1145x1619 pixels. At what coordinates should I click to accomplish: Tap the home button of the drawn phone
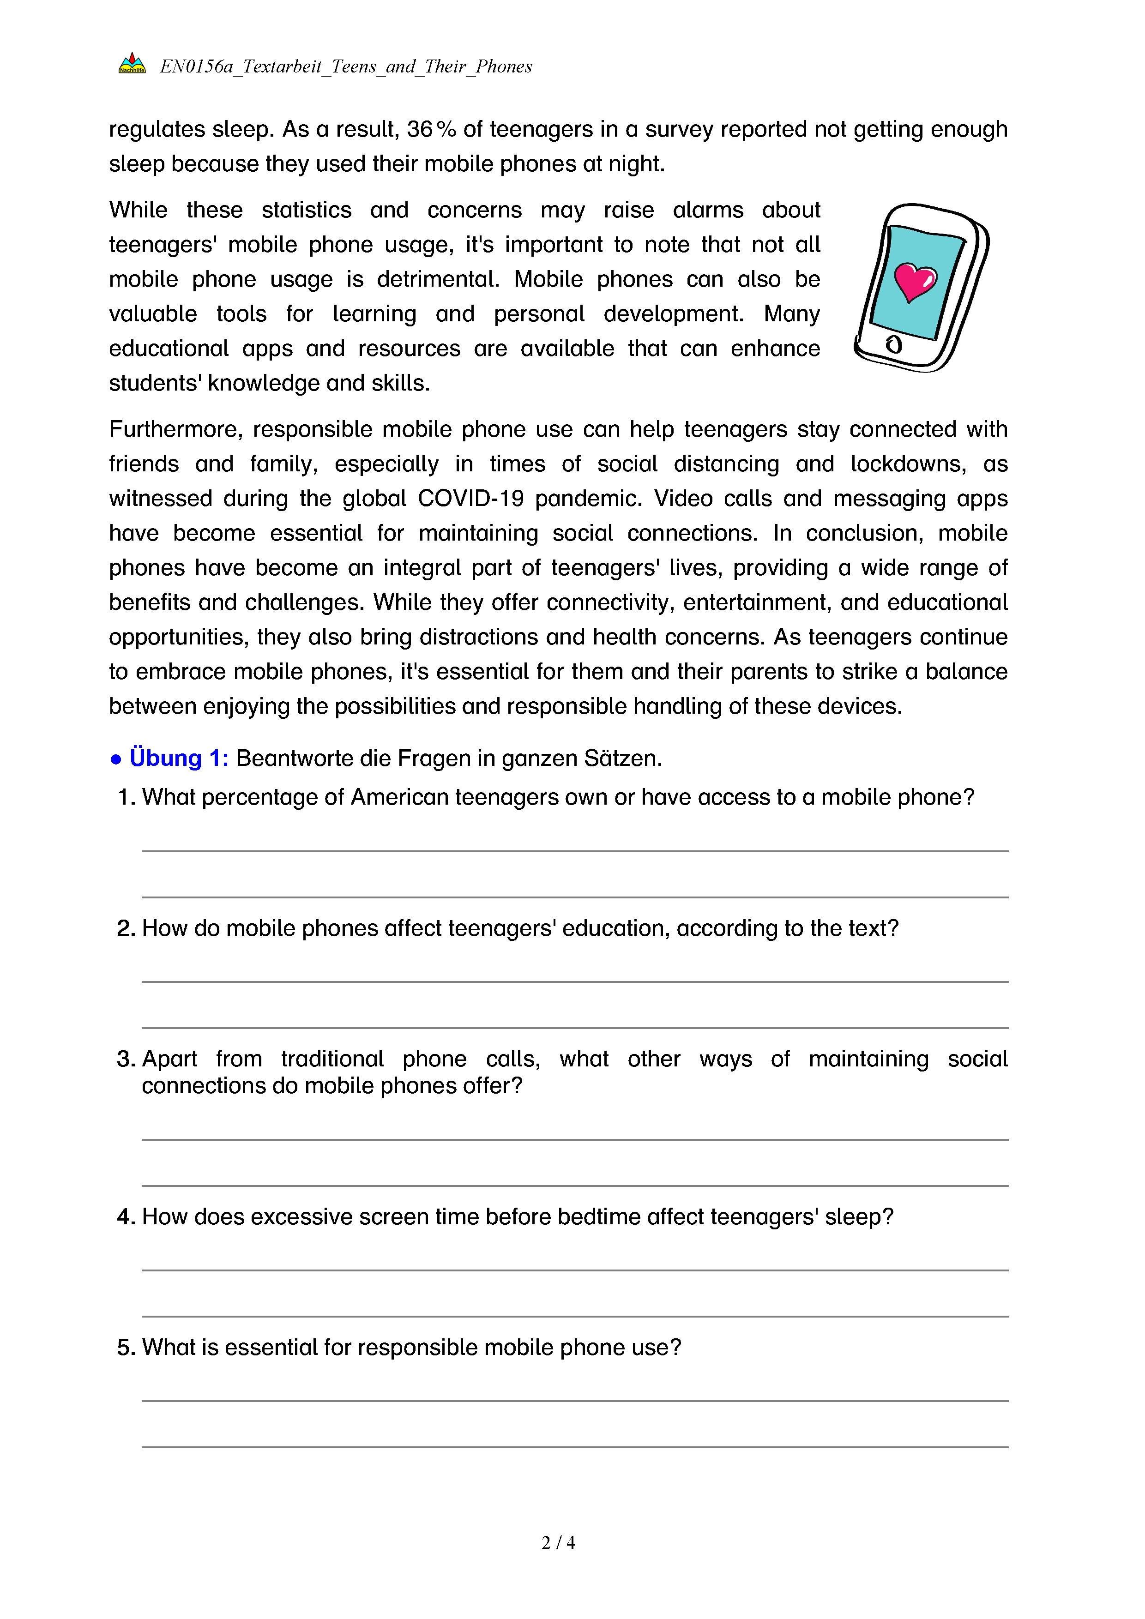(894, 345)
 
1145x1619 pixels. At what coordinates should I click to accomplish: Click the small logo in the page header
(132, 63)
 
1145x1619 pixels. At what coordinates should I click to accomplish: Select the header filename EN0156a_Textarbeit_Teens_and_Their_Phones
(345, 66)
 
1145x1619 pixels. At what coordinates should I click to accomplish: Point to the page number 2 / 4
(558, 1542)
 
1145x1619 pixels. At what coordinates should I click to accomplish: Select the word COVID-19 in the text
(470, 499)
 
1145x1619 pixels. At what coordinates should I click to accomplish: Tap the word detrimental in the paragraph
(437, 279)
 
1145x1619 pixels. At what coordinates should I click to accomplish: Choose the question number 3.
(125, 1059)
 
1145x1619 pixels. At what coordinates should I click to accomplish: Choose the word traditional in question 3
(332, 1059)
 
